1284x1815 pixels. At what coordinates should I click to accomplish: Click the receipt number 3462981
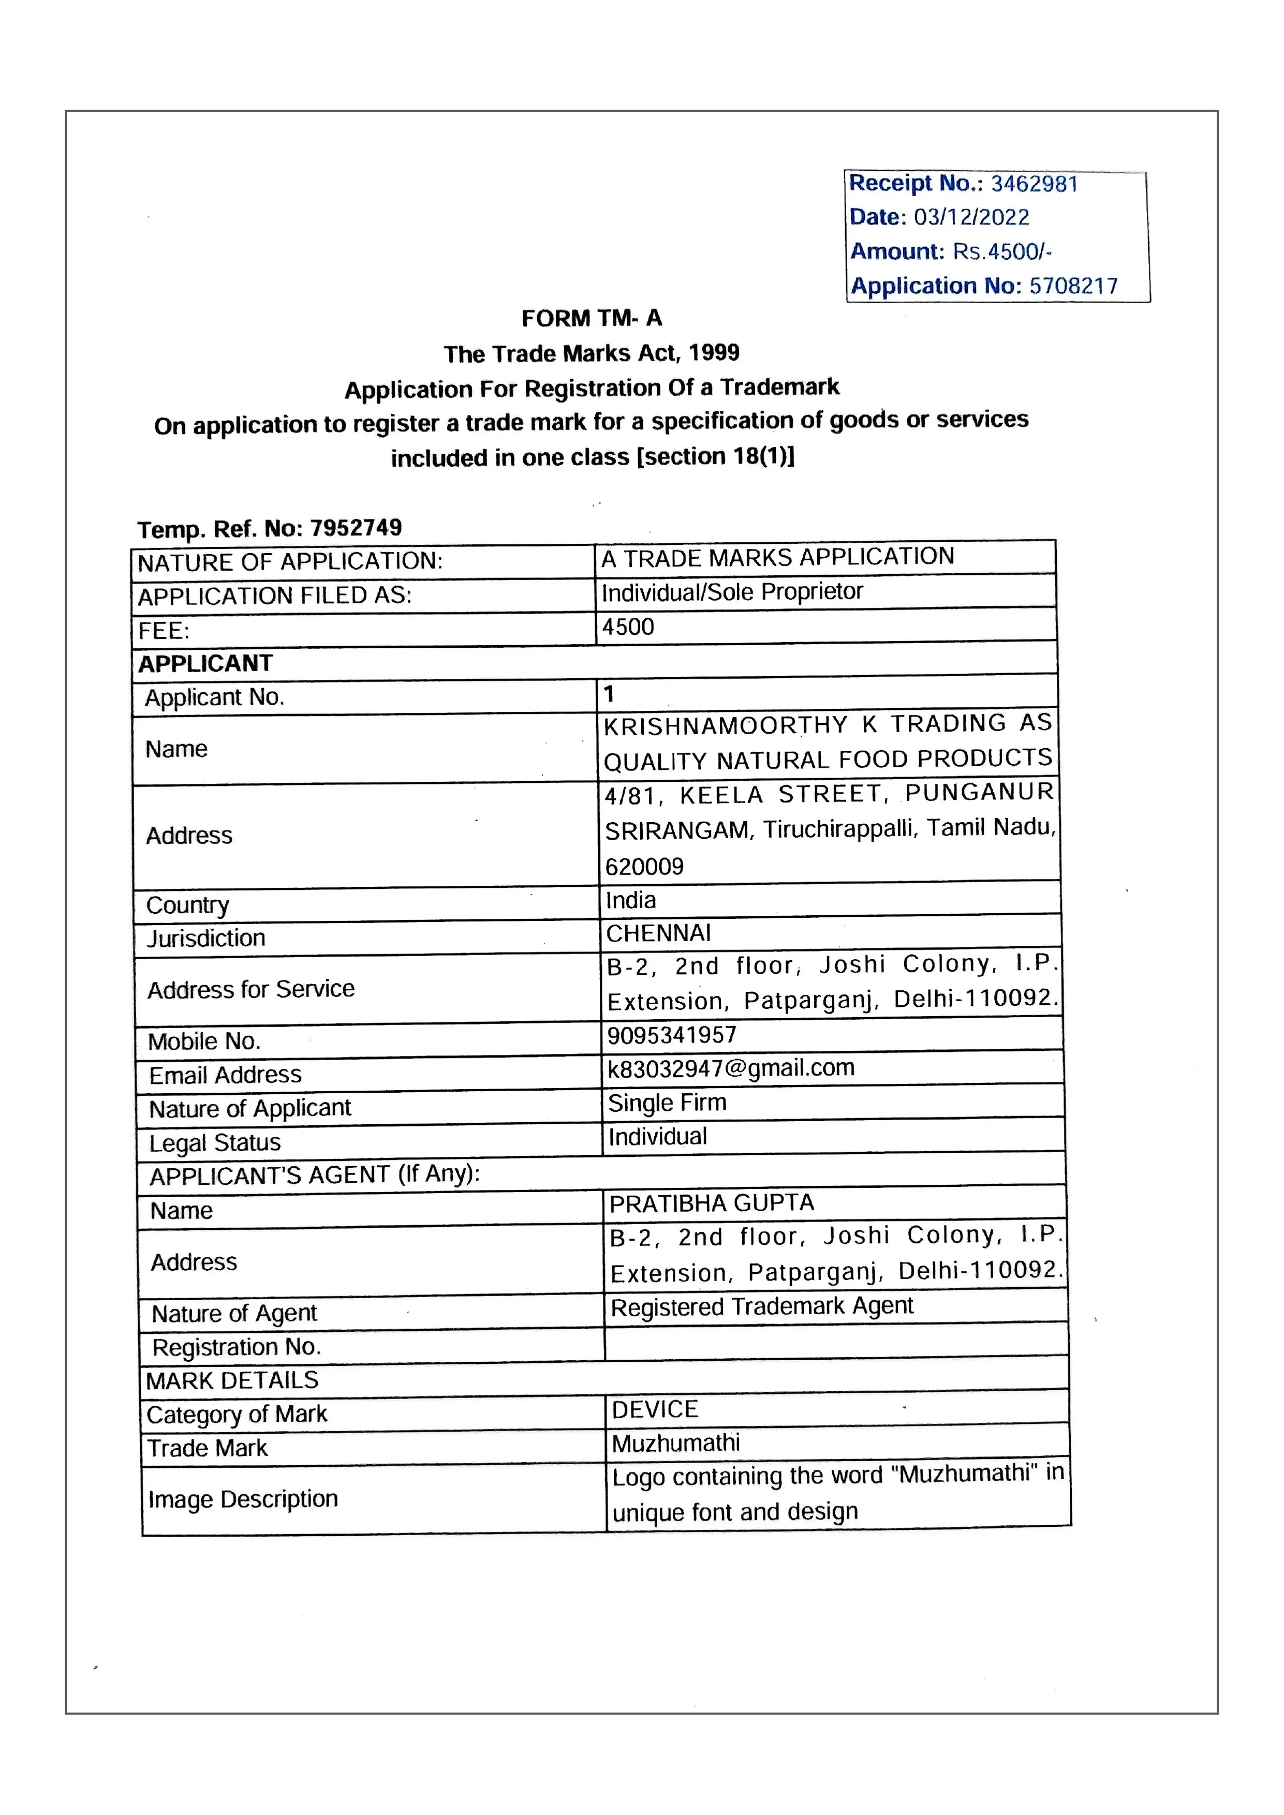(1034, 184)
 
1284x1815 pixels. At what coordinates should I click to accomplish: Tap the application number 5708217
(1073, 286)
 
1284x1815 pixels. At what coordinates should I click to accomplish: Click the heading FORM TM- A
(592, 319)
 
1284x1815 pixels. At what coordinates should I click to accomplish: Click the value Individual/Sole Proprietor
(732, 592)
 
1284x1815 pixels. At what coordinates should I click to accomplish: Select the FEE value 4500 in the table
(628, 627)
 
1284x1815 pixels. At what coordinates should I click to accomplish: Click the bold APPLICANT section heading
(205, 663)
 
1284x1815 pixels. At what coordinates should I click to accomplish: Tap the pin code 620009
(644, 867)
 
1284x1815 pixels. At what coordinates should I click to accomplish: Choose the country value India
(630, 900)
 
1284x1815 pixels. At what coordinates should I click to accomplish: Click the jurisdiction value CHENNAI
(659, 933)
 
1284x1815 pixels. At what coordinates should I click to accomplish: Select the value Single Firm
(667, 1103)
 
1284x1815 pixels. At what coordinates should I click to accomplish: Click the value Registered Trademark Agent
(761, 1307)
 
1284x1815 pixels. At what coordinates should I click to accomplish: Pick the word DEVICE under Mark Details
(655, 1409)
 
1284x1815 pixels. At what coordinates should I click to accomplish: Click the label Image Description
(243, 1499)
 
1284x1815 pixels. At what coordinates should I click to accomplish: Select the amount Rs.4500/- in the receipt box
(1002, 251)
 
